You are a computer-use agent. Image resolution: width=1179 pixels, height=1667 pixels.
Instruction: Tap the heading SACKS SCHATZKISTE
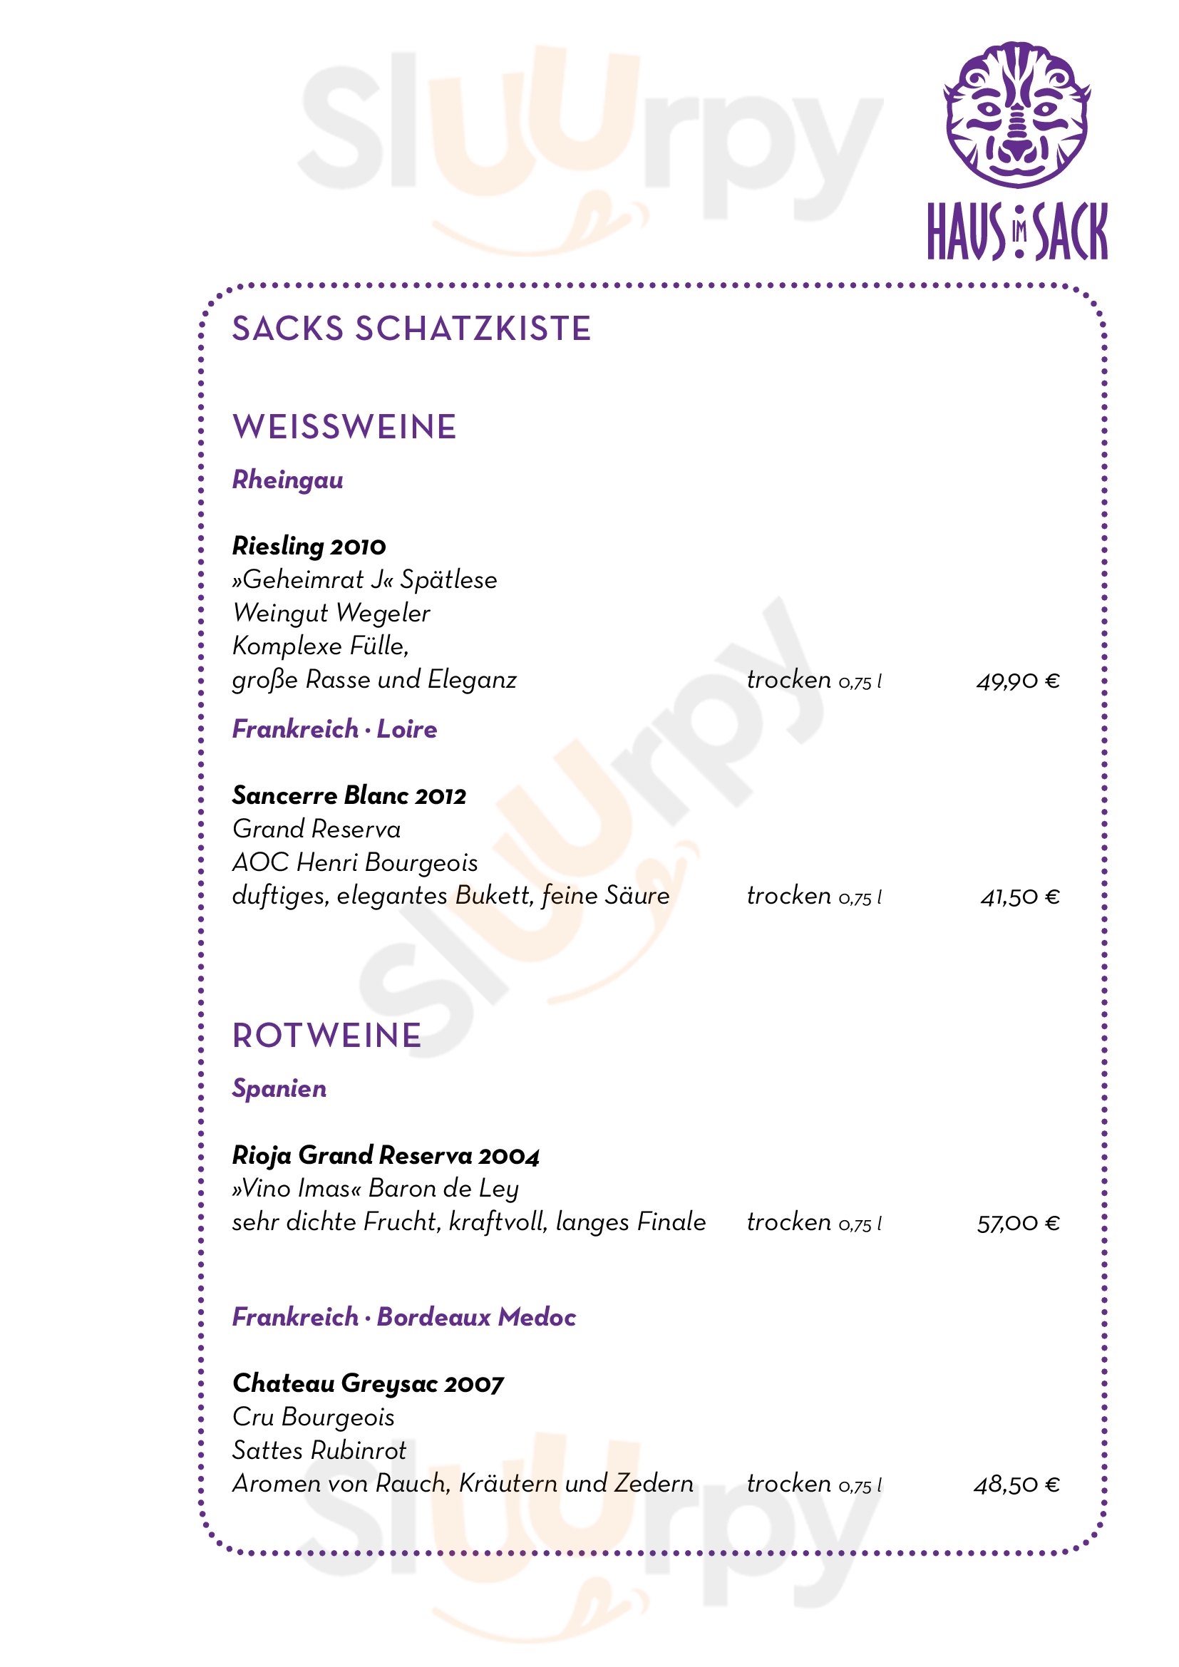[411, 329]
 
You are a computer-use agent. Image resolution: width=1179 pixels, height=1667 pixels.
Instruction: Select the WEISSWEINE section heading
[344, 427]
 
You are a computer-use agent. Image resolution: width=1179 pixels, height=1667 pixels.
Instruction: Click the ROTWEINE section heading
[326, 1036]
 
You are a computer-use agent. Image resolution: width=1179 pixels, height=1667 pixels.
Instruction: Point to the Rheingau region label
[287, 480]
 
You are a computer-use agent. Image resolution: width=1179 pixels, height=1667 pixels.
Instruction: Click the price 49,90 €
[1018, 681]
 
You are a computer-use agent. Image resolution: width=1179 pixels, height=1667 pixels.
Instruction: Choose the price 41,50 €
[1020, 897]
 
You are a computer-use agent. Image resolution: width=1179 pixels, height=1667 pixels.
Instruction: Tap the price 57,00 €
[1018, 1224]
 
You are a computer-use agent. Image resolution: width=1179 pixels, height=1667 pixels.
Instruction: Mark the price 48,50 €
[1016, 1485]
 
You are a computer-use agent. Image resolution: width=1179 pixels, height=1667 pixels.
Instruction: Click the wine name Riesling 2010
[309, 546]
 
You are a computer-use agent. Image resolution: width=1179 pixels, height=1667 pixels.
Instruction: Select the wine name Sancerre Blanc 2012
[349, 796]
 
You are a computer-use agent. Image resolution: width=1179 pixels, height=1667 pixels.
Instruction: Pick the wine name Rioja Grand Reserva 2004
[386, 1155]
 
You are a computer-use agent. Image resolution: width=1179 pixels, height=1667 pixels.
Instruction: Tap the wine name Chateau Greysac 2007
[367, 1384]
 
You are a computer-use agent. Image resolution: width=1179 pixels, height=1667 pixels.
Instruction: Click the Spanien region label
[279, 1089]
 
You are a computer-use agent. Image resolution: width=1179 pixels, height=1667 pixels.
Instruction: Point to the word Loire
[406, 729]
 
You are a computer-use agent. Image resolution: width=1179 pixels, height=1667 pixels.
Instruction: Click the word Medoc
[537, 1317]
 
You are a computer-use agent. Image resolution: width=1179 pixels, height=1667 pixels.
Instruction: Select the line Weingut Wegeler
[331, 614]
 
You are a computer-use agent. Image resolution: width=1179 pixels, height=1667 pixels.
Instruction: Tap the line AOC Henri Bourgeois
[355, 862]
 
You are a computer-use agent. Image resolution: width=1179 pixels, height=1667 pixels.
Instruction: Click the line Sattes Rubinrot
[319, 1450]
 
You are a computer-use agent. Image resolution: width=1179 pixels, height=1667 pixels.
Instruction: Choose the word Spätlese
[448, 580]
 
